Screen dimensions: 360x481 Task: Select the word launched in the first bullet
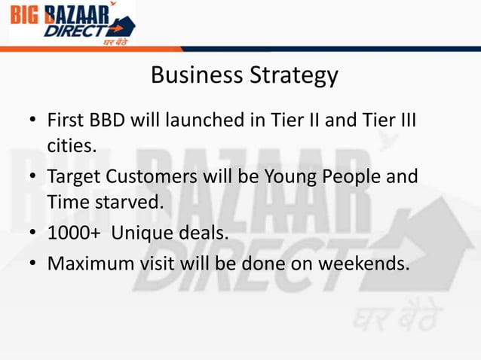coord(210,121)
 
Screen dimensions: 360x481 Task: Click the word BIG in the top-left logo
coord(27,14)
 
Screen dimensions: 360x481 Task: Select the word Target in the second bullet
coord(72,178)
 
